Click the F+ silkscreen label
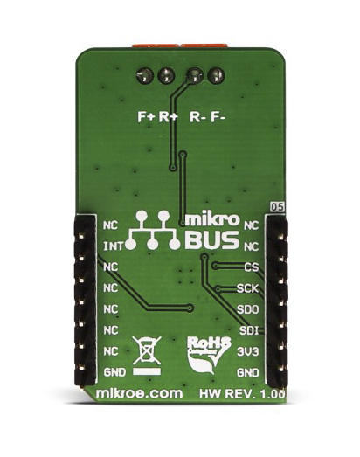pos(145,117)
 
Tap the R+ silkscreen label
pos(168,117)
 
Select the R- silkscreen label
pos(198,117)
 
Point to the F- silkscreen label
pos(218,117)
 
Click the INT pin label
pos(114,247)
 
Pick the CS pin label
pos(252,267)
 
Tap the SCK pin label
pos(247,288)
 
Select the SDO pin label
pos(248,309)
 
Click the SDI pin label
pos(249,330)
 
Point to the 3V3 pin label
pos(248,352)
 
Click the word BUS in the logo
pos(212,240)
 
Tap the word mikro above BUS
pos(212,219)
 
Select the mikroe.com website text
pos(139,394)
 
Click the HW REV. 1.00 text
pos(242,394)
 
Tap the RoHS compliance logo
pos(209,355)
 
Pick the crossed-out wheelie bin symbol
pos(147,356)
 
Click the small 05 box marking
pos(277,207)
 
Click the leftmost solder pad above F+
pos(145,76)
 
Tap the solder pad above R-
pos(195,75)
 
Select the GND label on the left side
pos(114,372)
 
